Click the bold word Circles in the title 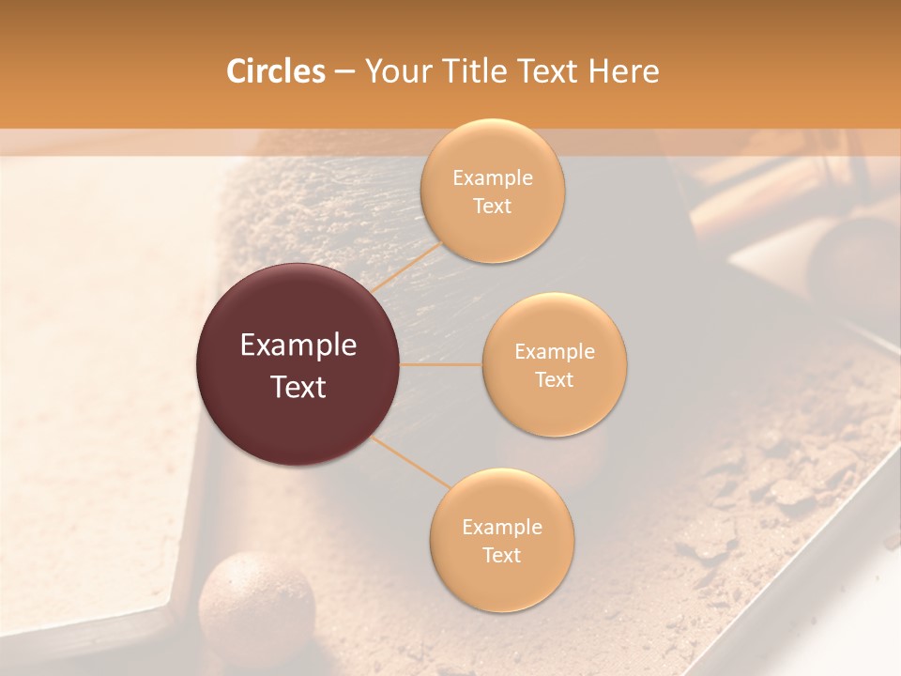tap(275, 71)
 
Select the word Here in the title tap(623, 71)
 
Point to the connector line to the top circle tap(405, 268)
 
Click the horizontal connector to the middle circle tap(441, 364)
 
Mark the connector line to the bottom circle tap(410, 462)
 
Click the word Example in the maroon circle tap(298, 346)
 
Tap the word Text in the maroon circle tap(298, 387)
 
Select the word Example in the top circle tap(493, 178)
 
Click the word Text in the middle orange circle tap(554, 380)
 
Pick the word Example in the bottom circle tap(502, 528)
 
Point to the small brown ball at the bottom tap(256, 600)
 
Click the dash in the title tap(344, 71)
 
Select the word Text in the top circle tap(492, 207)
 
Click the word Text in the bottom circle tap(501, 555)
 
